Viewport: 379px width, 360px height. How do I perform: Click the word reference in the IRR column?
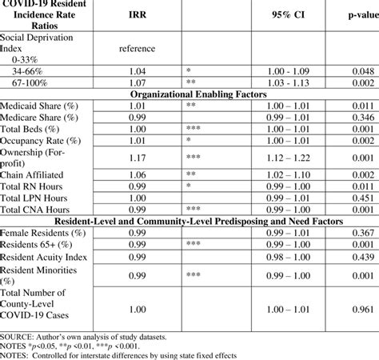(137, 49)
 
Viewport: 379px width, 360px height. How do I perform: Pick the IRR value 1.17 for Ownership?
(137, 158)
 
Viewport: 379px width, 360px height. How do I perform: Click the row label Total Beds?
(29, 126)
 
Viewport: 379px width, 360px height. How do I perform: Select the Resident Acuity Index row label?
(46, 257)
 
